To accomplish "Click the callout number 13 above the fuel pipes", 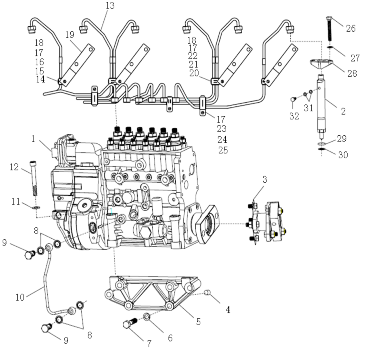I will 109,5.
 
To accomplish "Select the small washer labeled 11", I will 36,207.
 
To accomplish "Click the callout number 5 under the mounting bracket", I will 198,322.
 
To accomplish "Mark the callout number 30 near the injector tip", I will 343,155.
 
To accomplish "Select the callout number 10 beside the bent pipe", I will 20,297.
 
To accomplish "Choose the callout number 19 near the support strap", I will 70,35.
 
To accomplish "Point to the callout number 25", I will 223,150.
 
